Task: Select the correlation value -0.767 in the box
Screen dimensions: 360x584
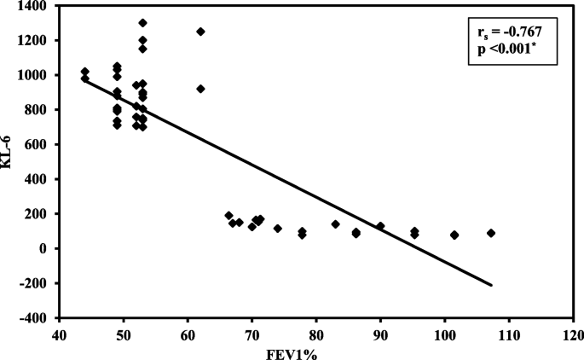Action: point(521,33)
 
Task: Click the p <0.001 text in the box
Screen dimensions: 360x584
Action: point(505,49)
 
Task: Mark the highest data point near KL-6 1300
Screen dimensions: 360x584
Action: point(142,23)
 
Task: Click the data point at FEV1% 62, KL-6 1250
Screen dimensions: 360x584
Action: point(200,32)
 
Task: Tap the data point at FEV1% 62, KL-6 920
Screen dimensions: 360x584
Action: point(200,89)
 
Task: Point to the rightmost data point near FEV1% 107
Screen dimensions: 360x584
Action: point(491,233)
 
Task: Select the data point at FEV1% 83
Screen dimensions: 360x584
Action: point(335,224)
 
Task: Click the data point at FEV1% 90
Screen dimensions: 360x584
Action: point(380,226)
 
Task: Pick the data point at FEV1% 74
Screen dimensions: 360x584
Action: point(277,229)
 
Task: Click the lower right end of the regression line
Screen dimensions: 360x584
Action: point(492,285)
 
